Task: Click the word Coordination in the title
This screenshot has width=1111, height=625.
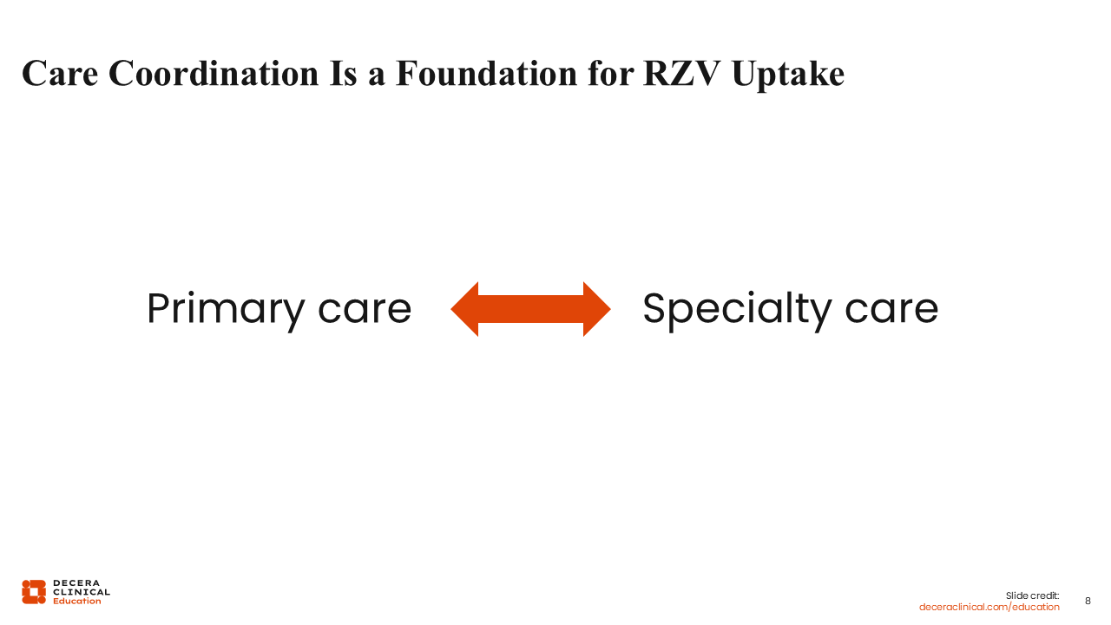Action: point(214,74)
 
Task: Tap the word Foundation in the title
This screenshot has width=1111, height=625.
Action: point(487,74)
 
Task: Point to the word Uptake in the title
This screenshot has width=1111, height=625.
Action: point(788,75)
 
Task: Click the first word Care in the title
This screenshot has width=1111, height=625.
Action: point(60,74)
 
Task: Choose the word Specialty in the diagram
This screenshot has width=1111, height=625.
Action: point(738,311)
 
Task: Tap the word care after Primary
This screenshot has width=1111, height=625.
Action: point(365,311)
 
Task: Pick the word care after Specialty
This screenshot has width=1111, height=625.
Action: point(891,311)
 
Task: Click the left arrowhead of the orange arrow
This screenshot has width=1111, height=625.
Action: point(464,309)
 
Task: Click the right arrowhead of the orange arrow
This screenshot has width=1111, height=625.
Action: point(596,309)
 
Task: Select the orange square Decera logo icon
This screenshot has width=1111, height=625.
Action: point(34,592)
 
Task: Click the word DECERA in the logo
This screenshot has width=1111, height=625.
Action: point(76,582)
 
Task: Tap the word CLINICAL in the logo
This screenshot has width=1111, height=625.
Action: point(82,592)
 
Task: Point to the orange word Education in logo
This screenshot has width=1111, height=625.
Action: point(77,602)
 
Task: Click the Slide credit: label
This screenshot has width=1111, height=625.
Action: point(1032,595)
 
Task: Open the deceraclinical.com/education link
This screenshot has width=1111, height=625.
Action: point(989,607)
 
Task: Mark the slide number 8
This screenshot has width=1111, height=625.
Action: point(1088,602)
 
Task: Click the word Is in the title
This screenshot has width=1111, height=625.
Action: point(343,74)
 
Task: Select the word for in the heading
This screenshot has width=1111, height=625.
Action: point(610,74)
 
